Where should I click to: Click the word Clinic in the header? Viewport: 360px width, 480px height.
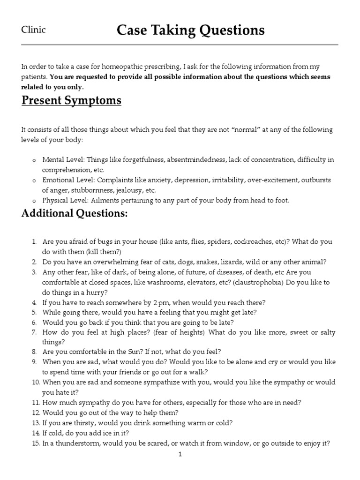34,30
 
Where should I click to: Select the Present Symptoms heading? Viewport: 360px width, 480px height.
71,100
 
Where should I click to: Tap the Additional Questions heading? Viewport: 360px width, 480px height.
75,214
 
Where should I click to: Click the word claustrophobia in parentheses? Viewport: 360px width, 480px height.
257,282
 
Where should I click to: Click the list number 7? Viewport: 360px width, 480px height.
34,332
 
